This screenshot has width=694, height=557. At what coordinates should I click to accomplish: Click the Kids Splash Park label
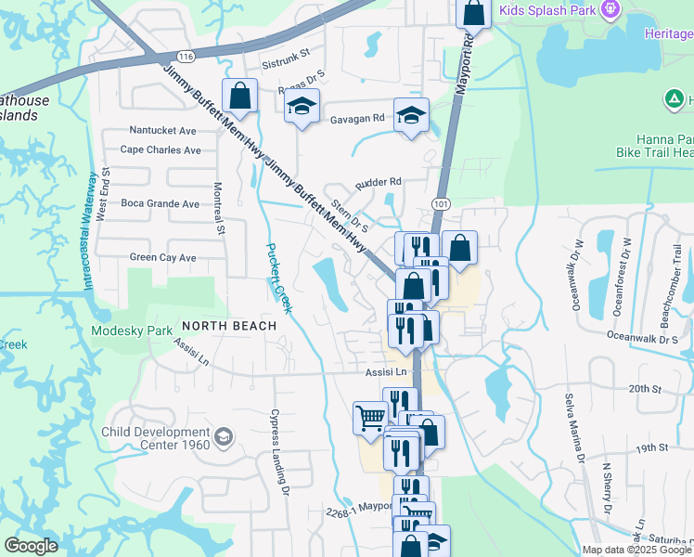[547, 10]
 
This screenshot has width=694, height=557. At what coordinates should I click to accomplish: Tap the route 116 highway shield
[186, 56]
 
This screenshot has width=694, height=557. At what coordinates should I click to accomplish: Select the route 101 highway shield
[441, 202]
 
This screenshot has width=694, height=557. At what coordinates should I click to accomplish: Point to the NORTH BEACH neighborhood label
[229, 326]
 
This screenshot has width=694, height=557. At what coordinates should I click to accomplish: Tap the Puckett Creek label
[279, 278]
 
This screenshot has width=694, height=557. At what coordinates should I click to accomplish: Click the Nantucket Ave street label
[162, 131]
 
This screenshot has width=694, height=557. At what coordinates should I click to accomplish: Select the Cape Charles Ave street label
[161, 149]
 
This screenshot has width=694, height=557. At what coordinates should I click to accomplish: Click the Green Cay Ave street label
[162, 257]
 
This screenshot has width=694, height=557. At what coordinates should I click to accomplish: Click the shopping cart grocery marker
[370, 418]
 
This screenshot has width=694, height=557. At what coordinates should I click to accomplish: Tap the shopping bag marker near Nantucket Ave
[240, 96]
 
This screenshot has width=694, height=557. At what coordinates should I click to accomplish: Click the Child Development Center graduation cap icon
[223, 436]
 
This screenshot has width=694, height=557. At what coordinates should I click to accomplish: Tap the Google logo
[30, 546]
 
